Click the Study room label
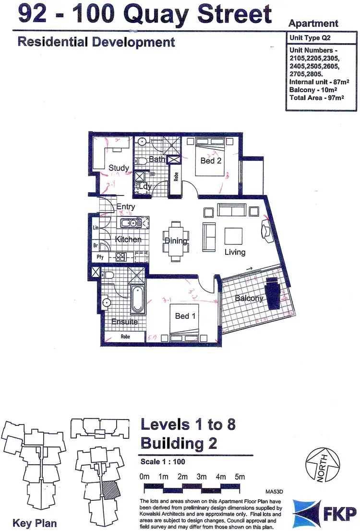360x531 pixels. (119, 168)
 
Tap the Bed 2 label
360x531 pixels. (211, 161)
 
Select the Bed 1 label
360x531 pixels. (186, 316)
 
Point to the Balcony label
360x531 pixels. (249, 298)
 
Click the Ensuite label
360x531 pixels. (125, 322)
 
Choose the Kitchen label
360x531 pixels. (128, 239)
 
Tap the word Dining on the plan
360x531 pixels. (176, 241)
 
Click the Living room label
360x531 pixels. (235, 252)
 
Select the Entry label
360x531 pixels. (126, 207)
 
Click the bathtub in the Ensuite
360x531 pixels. (137, 299)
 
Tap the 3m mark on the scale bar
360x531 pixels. (201, 477)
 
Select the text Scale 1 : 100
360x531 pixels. (163, 462)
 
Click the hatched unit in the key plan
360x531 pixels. (110, 491)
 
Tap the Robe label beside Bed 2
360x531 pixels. (176, 177)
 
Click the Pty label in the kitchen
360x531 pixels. (100, 257)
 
